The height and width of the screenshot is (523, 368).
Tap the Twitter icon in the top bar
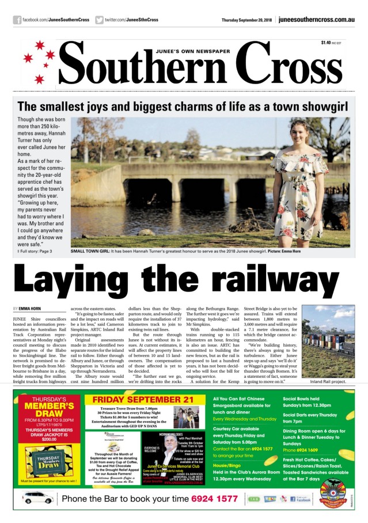click(x=100, y=20)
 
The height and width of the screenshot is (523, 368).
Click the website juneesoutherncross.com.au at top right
click(x=316, y=20)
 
